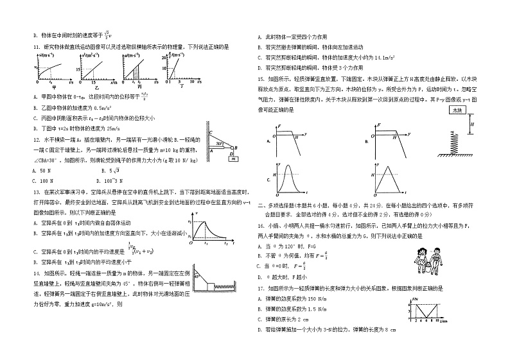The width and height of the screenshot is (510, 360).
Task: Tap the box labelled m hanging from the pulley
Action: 234,158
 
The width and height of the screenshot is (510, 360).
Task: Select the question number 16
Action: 261,227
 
